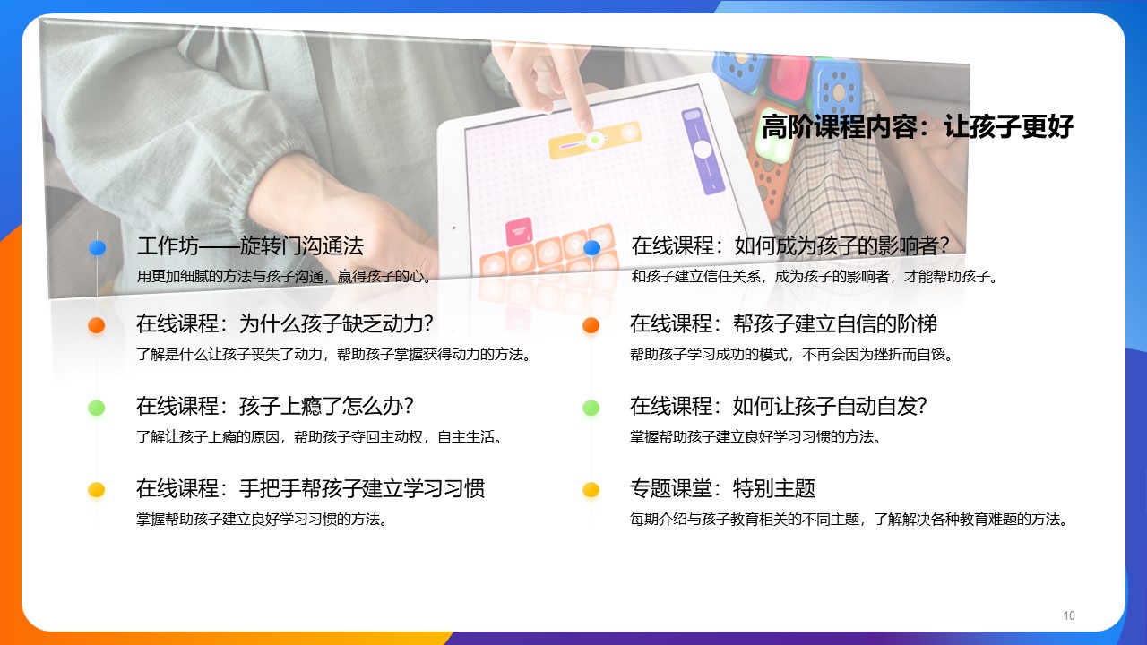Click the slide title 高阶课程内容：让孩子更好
pos(917,127)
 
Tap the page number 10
pos(1069,615)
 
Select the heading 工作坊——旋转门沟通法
pos(250,245)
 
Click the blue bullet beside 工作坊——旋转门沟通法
pos(98,248)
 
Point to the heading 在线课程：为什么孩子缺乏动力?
pos(285,323)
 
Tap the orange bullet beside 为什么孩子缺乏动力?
pos(96,325)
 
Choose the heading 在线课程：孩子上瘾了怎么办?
pos(275,406)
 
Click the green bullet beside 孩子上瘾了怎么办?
pos(96,408)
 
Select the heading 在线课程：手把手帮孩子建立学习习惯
pos(310,488)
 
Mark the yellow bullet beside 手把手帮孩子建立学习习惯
pos(96,490)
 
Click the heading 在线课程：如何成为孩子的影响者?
pos(790,245)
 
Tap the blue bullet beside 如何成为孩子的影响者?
pos(592,248)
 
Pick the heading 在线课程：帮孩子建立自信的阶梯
pos(783,323)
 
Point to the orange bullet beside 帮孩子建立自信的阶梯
pos(591,325)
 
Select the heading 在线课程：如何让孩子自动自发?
pos(779,406)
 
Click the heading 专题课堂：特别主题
pos(722,488)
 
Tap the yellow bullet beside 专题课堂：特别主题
pos(591,490)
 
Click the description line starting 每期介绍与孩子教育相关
pos(849,520)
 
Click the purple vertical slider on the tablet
pos(703,151)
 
